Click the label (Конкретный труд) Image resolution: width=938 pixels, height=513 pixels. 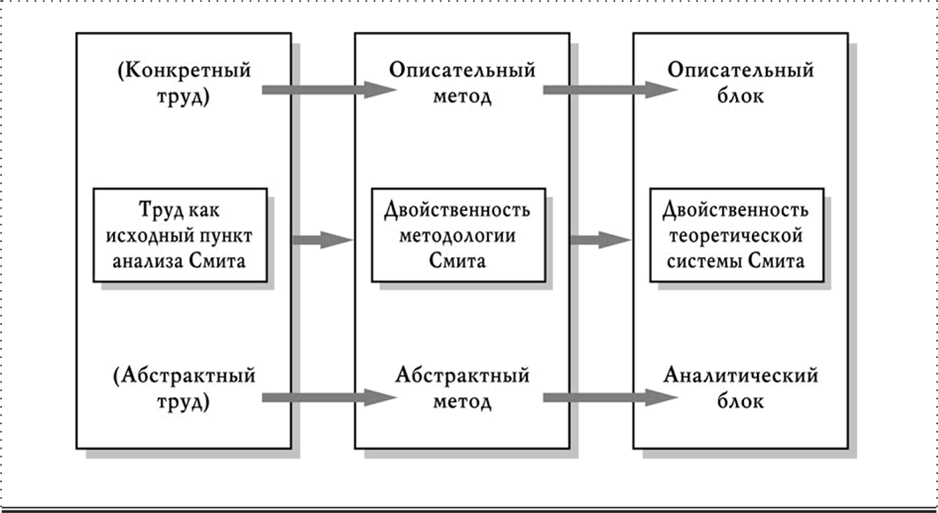point(183,82)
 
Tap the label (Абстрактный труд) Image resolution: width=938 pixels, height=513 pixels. point(184,389)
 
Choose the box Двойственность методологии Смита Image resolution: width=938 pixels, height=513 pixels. point(458,236)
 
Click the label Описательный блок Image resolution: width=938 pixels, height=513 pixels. point(740,82)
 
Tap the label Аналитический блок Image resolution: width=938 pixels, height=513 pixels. point(740,389)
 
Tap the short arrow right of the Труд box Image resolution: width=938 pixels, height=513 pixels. point(322,239)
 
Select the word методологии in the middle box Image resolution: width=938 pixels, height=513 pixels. point(458,236)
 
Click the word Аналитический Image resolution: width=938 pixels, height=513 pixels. point(740,376)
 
